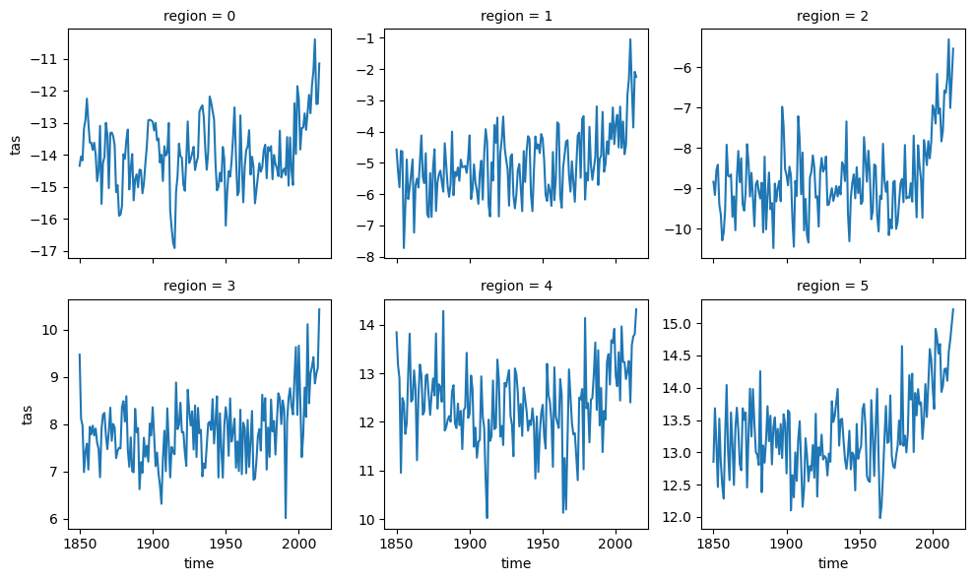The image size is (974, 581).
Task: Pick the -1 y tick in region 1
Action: click(369, 38)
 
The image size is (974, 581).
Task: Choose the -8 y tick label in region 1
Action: click(369, 258)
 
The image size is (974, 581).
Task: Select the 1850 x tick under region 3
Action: click(80, 544)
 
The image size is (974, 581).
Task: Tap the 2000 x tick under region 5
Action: click(933, 544)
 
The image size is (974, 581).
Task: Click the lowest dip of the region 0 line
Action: click(174, 248)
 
